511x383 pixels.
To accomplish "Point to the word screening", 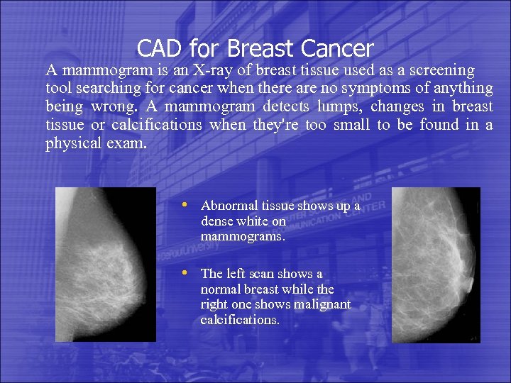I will [x=439, y=70].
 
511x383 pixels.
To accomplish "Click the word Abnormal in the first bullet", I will [x=226, y=206].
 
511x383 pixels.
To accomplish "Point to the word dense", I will [x=216, y=221].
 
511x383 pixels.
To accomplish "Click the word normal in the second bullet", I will [x=220, y=289].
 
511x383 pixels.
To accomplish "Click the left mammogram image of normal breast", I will [x=105, y=265].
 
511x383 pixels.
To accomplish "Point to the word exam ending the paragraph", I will [x=128, y=144].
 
